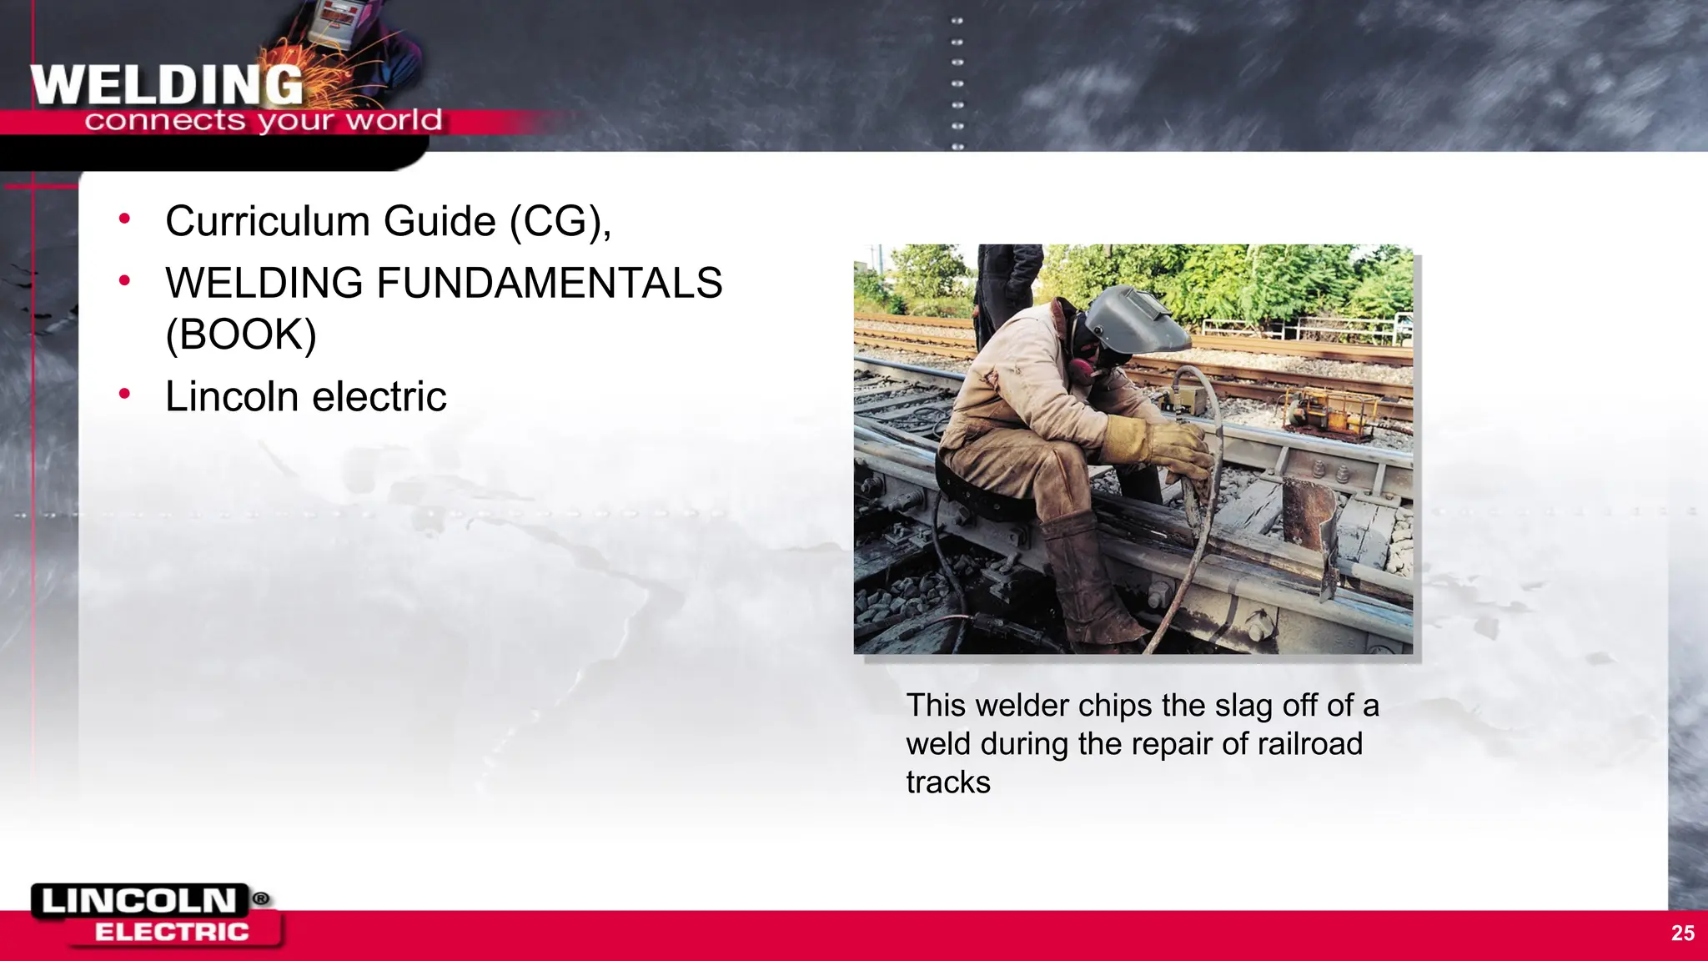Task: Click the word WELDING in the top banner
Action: (167, 85)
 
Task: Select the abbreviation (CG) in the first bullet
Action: (557, 222)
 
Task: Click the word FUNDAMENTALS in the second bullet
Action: (549, 283)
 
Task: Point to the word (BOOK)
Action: (241, 335)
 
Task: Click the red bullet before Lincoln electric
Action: (125, 393)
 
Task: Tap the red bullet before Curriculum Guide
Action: (125, 219)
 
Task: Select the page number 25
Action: (1682, 933)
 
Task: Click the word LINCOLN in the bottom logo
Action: (139, 901)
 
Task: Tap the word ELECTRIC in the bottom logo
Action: (172, 932)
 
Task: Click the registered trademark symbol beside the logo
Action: (261, 898)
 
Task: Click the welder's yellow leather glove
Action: (1163, 446)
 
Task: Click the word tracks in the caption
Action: (948, 782)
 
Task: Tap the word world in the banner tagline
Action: (394, 121)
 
